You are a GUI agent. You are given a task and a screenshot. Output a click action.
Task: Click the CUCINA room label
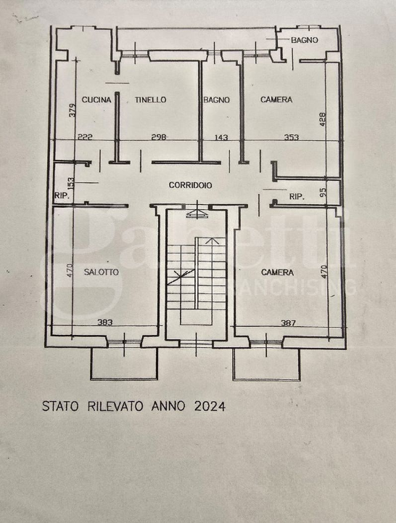tap(96, 100)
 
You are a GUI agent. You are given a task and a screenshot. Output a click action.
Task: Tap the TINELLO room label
tap(150, 100)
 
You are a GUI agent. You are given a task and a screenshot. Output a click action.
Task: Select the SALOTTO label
tap(102, 272)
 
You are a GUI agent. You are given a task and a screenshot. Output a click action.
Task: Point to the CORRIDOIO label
tap(190, 185)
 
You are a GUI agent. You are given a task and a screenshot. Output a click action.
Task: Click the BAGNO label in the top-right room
tap(305, 40)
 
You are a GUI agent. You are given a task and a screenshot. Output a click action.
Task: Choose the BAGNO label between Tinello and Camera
tap(216, 100)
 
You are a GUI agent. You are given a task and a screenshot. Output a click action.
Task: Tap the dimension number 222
tap(85, 137)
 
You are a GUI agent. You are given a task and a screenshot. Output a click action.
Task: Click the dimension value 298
tap(159, 137)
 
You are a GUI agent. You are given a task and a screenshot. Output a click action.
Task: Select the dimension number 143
tap(221, 137)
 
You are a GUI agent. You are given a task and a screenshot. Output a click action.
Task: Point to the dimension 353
tap(292, 137)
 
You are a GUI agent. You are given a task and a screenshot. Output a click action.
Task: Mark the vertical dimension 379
tap(73, 110)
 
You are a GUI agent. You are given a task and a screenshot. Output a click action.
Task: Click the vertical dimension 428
tap(323, 119)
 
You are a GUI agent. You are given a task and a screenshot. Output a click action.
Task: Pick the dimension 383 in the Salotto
tap(105, 323)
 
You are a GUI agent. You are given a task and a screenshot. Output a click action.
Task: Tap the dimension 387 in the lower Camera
tap(288, 323)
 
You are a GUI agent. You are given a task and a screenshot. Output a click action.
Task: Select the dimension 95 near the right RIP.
tap(323, 192)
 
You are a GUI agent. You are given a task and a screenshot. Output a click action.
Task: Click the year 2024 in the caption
tap(210, 406)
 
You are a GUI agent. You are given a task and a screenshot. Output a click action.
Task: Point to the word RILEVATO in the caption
tap(115, 406)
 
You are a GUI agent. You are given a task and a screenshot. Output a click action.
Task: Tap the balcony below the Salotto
tap(124, 363)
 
